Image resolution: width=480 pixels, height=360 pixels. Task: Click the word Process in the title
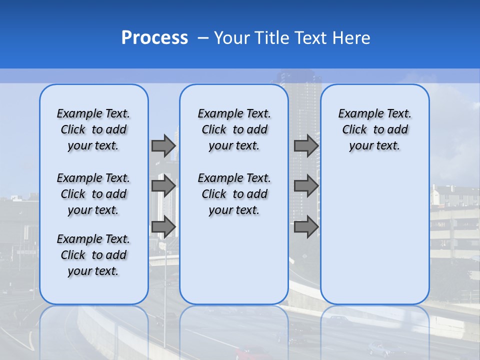154,38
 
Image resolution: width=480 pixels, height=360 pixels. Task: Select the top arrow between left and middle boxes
163,145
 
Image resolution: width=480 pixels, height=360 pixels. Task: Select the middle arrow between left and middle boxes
163,186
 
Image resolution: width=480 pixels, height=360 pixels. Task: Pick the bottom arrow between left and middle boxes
163,226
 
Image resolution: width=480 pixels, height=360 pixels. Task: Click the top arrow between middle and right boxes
306,145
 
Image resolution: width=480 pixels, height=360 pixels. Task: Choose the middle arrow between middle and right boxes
306,186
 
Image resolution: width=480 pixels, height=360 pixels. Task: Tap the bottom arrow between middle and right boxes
306,226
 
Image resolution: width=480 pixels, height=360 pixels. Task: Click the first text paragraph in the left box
93,129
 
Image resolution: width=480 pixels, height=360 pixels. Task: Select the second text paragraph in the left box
93,194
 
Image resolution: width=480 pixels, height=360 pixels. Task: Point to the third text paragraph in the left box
93,255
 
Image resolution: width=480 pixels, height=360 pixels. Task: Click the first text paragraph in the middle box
234,129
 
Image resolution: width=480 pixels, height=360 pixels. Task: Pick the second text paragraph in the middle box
234,194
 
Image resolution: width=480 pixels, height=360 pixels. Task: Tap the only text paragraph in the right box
374,129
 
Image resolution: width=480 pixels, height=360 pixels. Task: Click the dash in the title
203,38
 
